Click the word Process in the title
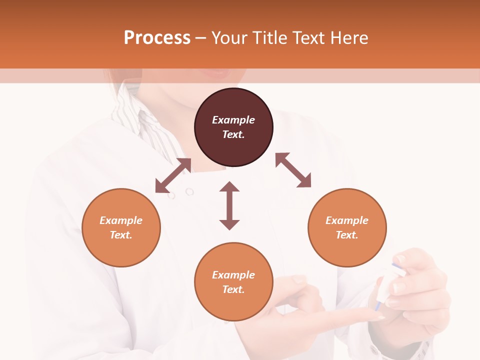pos(157,38)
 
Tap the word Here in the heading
pos(348,38)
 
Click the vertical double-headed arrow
pos(229,205)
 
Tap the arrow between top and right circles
pos(293,170)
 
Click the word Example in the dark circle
pos(233,120)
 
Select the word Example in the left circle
pos(121,220)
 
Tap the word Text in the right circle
pos(347,235)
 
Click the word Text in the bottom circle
pos(233,289)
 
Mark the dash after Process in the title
pos(200,38)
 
